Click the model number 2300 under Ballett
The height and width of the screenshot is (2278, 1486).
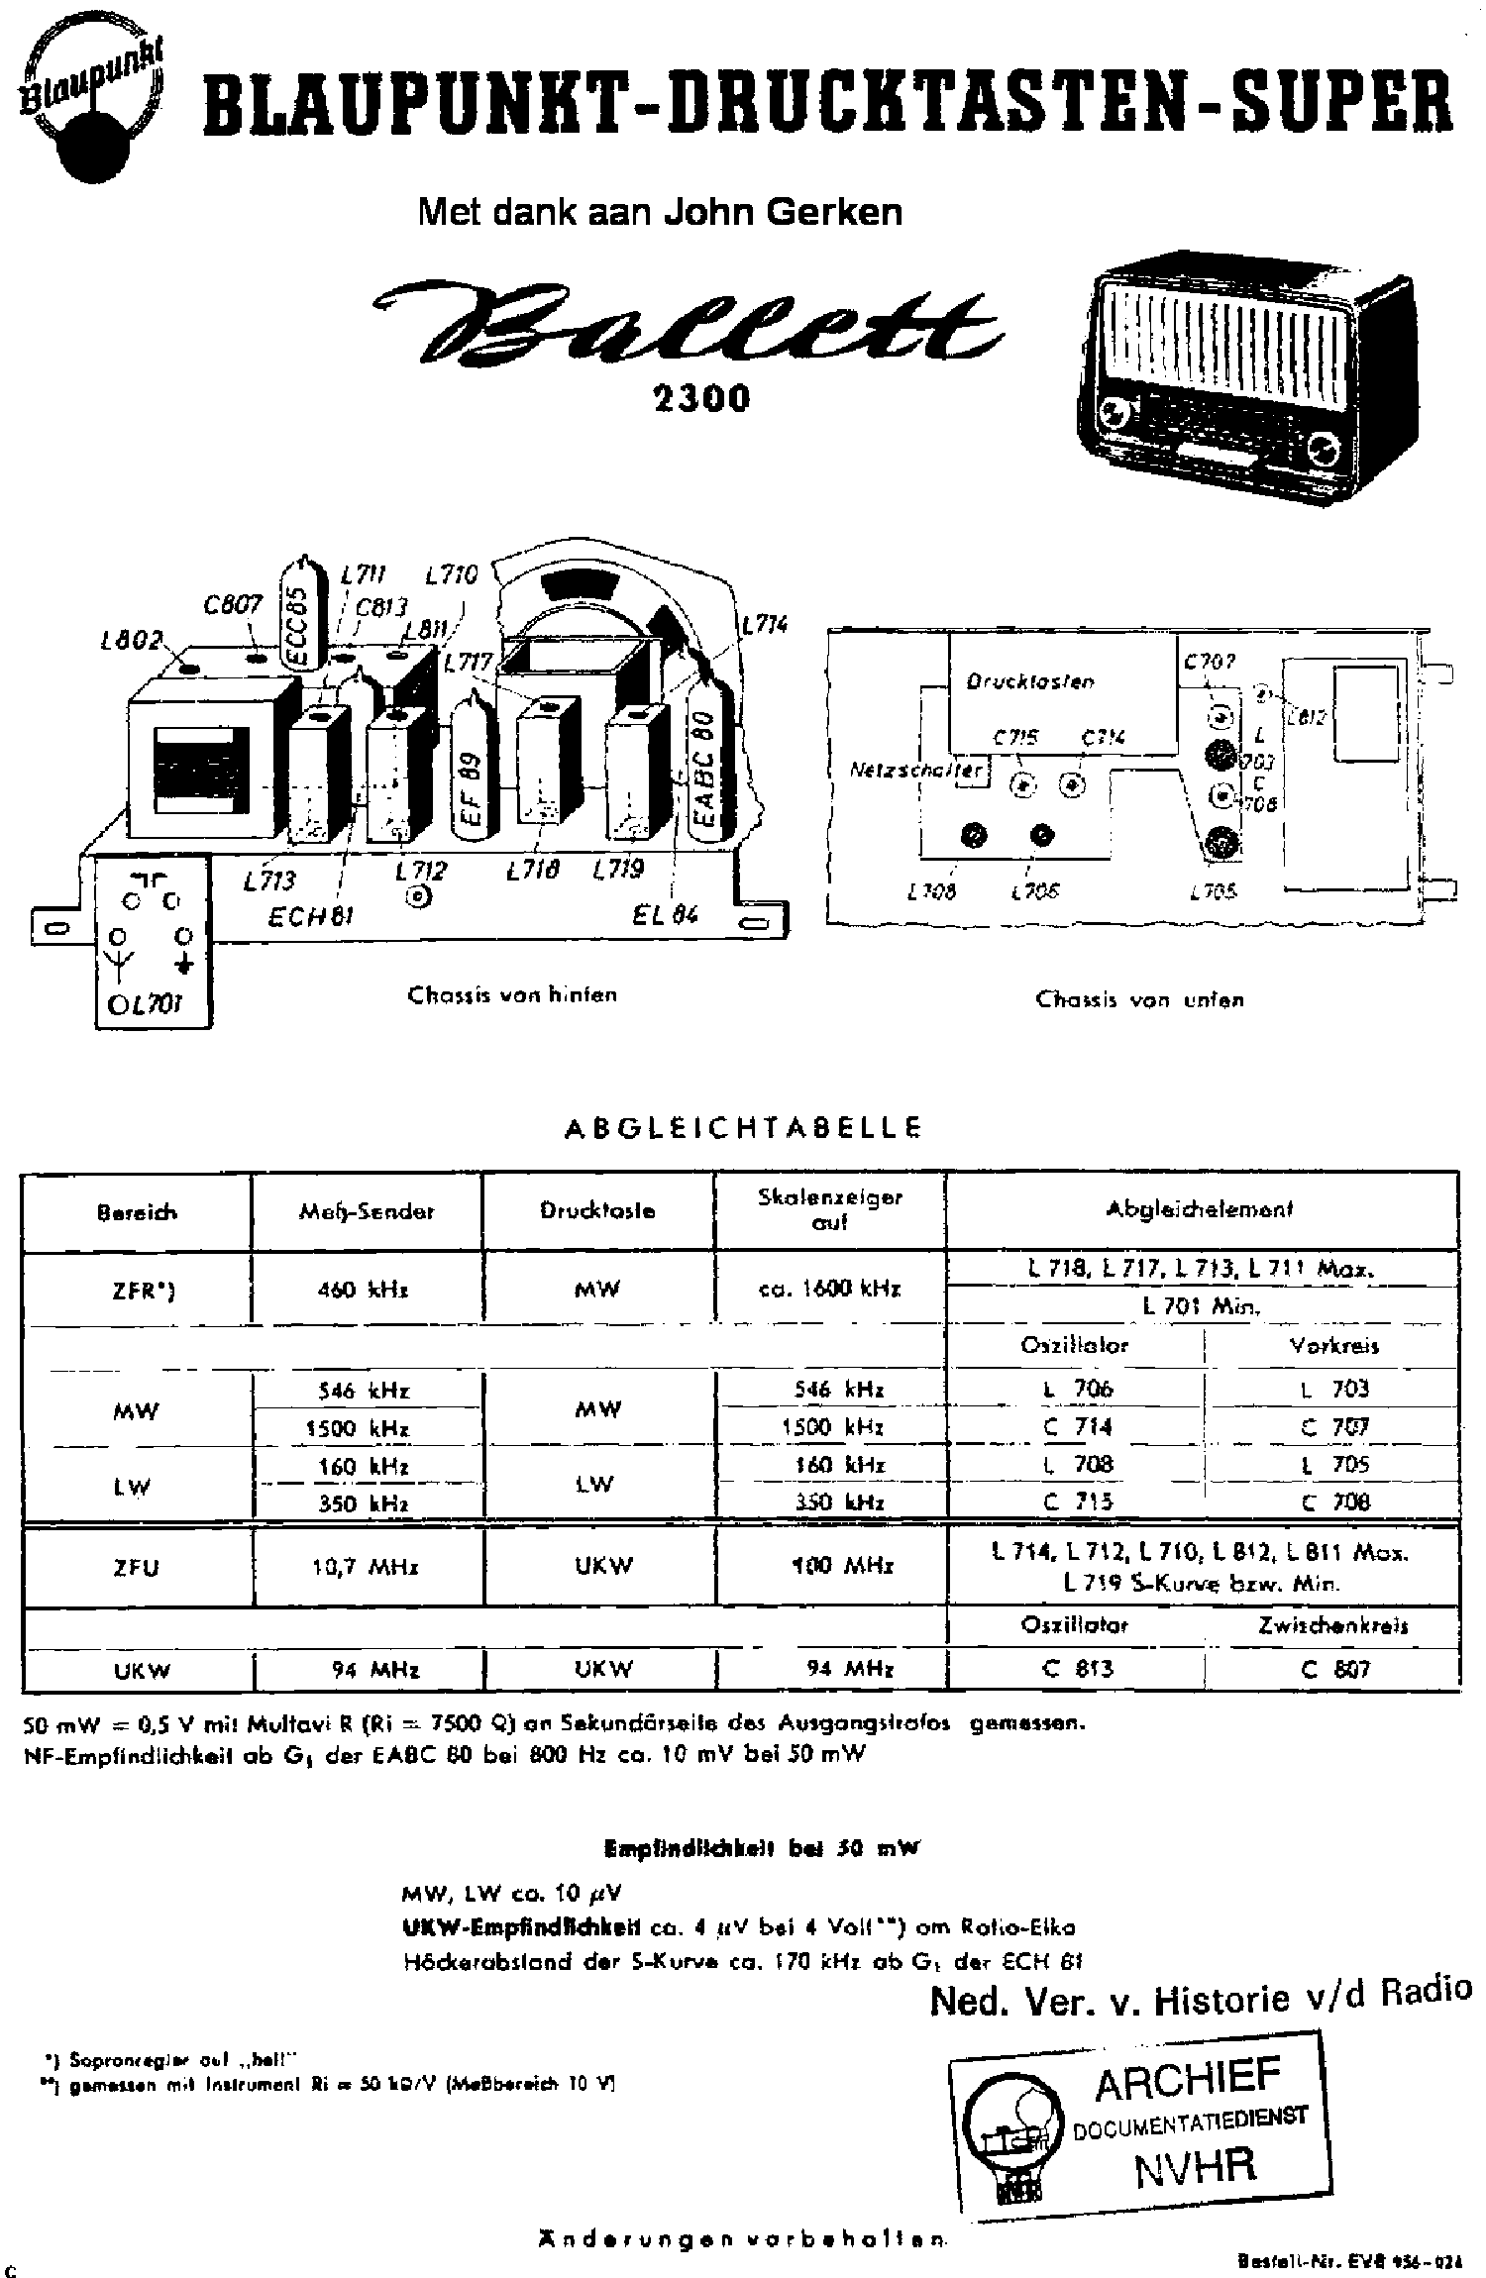tap(700, 398)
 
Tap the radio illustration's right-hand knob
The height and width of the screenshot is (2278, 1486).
tap(1322, 448)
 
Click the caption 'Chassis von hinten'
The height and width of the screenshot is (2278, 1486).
tap(512, 995)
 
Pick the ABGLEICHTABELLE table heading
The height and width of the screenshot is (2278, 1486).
tap(743, 1128)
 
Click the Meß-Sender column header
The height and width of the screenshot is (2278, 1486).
tap(367, 1211)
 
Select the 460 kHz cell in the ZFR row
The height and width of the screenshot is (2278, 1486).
tap(367, 1291)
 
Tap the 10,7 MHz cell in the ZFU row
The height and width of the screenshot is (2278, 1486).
tap(367, 1568)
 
